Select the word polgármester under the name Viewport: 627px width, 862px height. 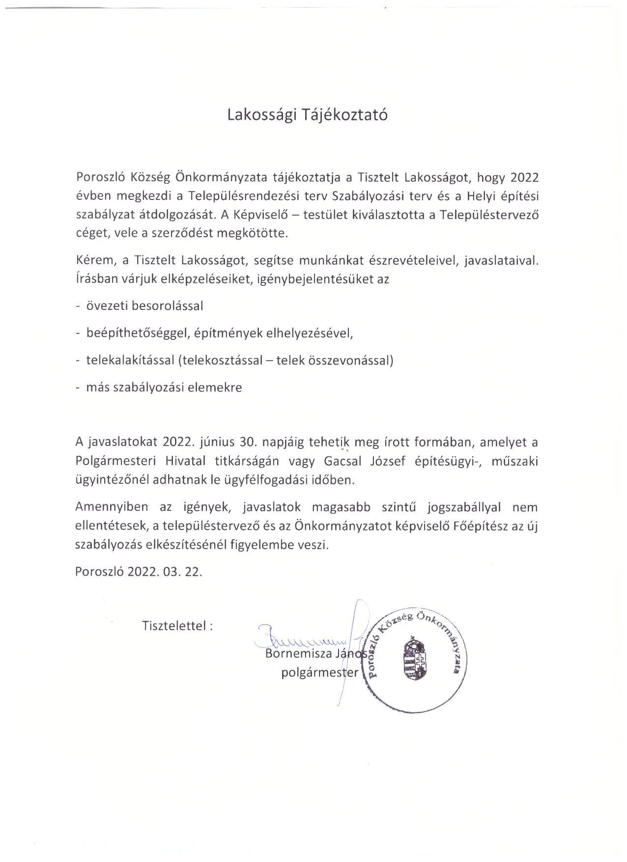tap(320, 672)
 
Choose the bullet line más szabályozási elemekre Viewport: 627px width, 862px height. tap(164, 388)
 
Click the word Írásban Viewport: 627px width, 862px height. tap(95, 279)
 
